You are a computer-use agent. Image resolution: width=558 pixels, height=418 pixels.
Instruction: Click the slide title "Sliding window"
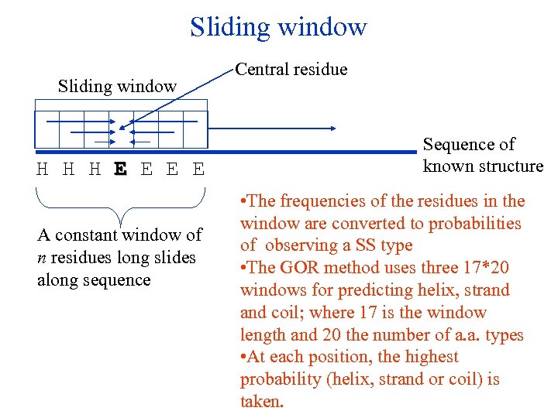pyautogui.click(x=278, y=28)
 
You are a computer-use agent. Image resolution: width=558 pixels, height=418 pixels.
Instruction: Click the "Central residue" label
pyautogui.click(x=291, y=70)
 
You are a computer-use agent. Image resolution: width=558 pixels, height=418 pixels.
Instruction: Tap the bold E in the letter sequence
pyautogui.click(x=120, y=170)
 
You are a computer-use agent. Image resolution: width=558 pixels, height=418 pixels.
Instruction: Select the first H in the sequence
pyautogui.click(x=43, y=170)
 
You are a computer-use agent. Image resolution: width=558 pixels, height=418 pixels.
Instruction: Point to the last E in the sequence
pyautogui.click(x=199, y=170)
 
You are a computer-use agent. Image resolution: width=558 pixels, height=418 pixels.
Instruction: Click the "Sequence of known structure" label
pyautogui.click(x=482, y=155)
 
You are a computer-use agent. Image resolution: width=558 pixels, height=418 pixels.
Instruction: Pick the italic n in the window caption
pyautogui.click(x=41, y=257)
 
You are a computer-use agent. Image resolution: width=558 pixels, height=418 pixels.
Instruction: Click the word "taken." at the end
pyautogui.click(x=263, y=402)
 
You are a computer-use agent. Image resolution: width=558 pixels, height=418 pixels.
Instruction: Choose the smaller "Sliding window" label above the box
pyautogui.click(x=117, y=87)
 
